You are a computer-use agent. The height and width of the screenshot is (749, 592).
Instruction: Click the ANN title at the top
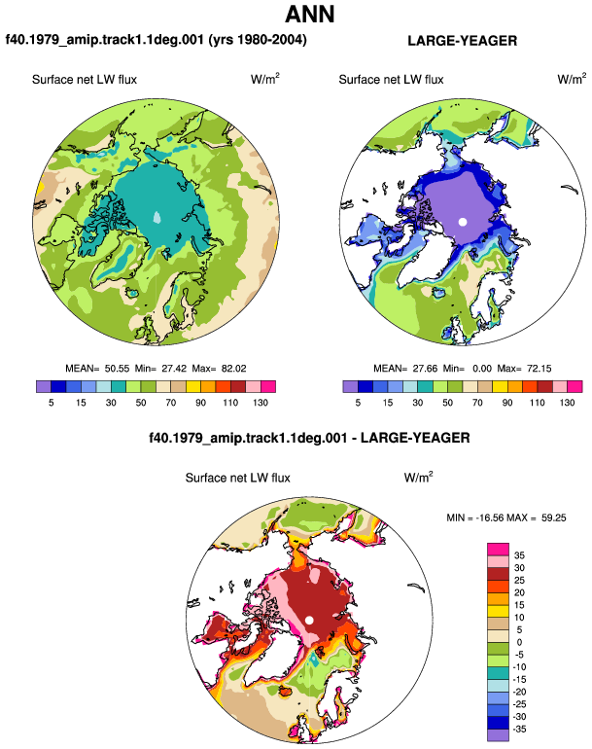310,15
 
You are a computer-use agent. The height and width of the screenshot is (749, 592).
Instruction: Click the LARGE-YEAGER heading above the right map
462,41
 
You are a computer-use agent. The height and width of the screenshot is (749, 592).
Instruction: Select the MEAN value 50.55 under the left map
117,369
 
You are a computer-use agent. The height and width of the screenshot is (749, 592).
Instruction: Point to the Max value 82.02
234,369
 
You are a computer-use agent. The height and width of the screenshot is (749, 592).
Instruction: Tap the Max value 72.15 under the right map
539,369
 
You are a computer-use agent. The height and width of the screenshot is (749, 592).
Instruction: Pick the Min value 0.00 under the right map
482,369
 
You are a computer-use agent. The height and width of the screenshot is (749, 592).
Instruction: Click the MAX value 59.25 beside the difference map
554,517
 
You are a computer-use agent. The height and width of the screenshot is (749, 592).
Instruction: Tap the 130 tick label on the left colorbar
261,403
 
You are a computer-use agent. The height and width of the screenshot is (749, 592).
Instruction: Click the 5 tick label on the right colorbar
358,403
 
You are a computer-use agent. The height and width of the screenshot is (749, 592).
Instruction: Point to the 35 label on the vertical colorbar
519,555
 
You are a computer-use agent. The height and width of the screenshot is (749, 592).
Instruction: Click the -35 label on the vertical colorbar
519,729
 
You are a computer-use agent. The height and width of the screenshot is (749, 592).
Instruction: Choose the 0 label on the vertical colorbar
519,642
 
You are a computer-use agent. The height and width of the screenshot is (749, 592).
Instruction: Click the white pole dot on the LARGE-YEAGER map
462,222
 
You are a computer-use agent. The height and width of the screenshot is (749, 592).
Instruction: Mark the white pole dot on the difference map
309,620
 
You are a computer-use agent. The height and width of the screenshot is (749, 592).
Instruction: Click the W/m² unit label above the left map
265,79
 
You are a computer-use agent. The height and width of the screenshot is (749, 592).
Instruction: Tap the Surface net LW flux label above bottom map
238,479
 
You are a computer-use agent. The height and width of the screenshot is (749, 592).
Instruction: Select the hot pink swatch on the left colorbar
268,386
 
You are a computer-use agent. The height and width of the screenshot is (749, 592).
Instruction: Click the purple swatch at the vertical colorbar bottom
499,735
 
